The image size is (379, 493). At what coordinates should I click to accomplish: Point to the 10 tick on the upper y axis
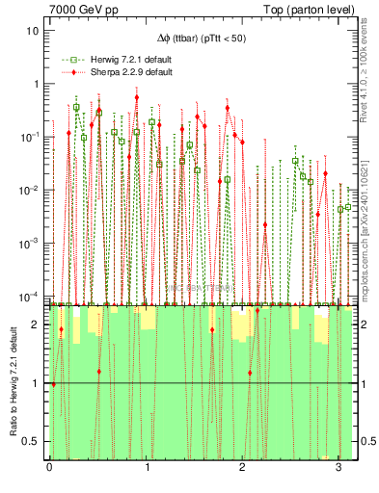35,30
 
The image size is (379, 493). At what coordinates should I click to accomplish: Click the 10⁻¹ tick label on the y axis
32,137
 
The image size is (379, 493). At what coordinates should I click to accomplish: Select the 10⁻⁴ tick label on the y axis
32,297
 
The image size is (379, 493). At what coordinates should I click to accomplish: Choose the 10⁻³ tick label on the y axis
32,244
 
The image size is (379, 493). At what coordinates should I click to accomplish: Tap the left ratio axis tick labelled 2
38,324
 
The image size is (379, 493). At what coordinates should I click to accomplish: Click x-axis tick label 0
49,469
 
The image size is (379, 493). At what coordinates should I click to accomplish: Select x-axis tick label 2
242,469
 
